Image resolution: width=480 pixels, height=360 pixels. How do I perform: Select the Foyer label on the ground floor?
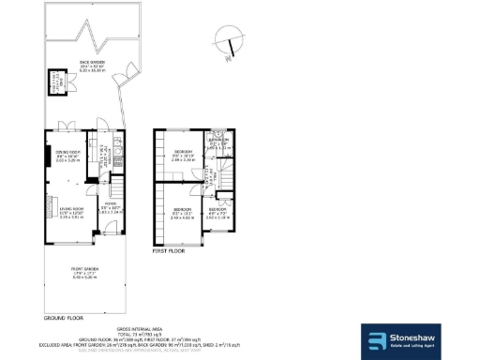[111, 208]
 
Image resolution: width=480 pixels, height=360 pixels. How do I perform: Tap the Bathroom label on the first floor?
[218, 143]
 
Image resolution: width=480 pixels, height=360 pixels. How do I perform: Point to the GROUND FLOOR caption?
[64, 319]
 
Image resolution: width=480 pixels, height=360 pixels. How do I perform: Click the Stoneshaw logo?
[415, 341]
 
